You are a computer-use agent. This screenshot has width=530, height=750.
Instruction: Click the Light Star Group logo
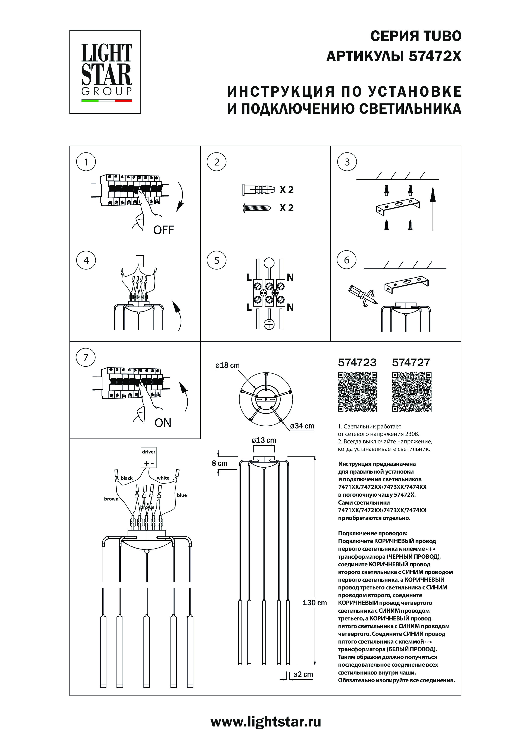(105, 72)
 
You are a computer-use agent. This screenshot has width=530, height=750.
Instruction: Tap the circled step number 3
(347, 162)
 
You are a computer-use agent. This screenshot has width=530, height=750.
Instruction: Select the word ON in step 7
(163, 423)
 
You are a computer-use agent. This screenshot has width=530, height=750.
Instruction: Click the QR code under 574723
(357, 392)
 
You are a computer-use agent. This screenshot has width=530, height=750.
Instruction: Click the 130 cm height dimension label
(314, 603)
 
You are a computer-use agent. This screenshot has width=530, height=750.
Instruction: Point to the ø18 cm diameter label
(228, 365)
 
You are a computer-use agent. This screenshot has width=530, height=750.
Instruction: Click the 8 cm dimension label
(219, 463)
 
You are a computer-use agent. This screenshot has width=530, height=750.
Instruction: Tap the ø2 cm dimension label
(303, 674)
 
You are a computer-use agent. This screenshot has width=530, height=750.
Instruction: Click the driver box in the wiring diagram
(149, 457)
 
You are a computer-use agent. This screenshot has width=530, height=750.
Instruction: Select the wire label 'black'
(127, 478)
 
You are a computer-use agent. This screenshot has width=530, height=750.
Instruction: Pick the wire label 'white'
(163, 478)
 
